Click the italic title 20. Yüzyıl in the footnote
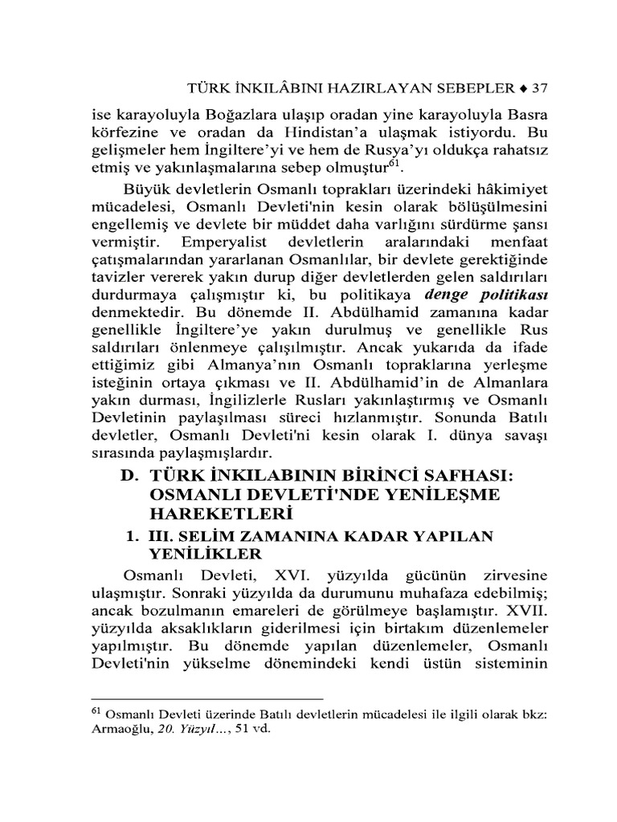188,730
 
